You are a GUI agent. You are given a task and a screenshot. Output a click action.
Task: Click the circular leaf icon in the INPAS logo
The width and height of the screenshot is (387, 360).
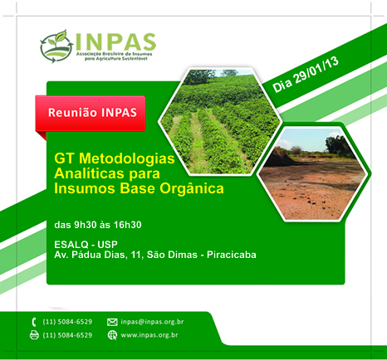pos(56,47)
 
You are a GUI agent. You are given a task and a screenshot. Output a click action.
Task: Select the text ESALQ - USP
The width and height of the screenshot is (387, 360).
pos(86,244)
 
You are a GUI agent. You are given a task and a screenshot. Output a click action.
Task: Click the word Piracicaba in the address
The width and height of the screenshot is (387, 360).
pos(224,255)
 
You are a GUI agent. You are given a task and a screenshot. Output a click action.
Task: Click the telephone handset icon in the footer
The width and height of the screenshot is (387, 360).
pos(34,321)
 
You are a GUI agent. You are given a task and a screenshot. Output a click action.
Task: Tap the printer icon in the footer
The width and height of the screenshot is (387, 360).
pos(34,335)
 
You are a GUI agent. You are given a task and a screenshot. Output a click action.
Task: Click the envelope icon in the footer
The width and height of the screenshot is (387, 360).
pos(112,321)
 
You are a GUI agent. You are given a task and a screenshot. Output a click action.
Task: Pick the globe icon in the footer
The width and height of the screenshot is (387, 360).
pos(112,335)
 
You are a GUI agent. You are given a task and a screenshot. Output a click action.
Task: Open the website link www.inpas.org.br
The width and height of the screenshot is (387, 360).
pos(149,335)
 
